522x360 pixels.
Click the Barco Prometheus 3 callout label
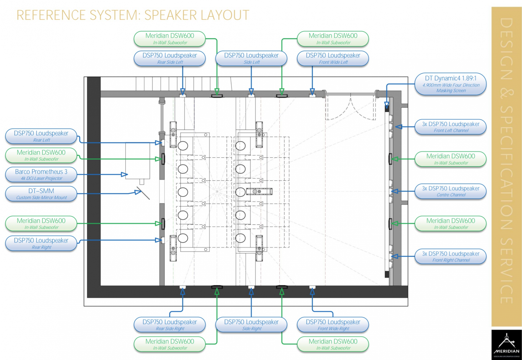point(41,175)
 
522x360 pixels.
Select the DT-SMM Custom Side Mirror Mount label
point(41,194)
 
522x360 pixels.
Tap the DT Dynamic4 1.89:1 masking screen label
point(450,84)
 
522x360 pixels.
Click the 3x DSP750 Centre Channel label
point(450,191)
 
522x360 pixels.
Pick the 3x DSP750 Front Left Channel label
point(450,127)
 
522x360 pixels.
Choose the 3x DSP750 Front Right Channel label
point(450,256)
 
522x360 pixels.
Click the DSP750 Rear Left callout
point(41,136)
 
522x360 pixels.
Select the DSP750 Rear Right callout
point(41,243)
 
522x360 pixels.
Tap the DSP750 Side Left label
point(251,58)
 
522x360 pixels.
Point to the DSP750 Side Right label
point(251,325)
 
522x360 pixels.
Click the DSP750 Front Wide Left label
point(333,58)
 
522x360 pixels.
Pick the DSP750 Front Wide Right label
point(333,325)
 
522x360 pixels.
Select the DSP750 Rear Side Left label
point(170,58)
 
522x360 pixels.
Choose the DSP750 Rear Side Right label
point(170,325)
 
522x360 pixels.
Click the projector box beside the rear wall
point(137,161)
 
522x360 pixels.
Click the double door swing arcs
point(351,108)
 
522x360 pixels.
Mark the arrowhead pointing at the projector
point(124,174)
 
